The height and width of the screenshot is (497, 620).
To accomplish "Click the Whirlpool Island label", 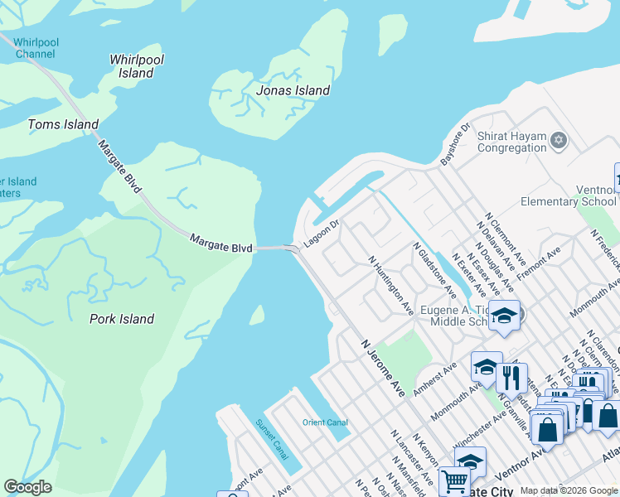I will [x=137, y=66].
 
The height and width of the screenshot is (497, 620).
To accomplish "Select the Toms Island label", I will [x=63, y=125].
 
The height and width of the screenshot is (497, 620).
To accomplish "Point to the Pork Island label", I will [x=122, y=319].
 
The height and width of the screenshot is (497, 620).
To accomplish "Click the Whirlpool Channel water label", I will [x=35, y=47].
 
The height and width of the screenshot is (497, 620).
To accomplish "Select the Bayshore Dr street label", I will [x=454, y=143].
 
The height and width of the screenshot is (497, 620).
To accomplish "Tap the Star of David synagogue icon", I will [x=558, y=138].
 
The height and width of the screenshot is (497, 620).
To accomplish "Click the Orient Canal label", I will [x=325, y=422].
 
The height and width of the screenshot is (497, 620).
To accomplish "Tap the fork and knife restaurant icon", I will [x=511, y=377].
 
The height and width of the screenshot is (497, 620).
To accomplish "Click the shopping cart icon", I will [x=453, y=480].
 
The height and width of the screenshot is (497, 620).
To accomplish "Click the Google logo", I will [x=27, y=487].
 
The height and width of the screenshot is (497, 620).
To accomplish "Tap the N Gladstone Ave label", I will [x=434, y=271].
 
